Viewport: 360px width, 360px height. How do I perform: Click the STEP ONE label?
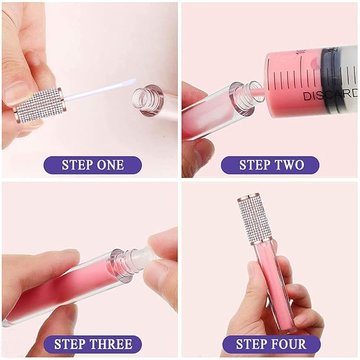(x=92, y=165)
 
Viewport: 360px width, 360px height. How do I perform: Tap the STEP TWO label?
(x=271, y=165)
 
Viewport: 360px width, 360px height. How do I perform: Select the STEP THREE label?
(x=92, y=345)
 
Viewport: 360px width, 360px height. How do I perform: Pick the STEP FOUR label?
(x=271, y=345)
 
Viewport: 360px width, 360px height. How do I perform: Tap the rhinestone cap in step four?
(x=257, y=218)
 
